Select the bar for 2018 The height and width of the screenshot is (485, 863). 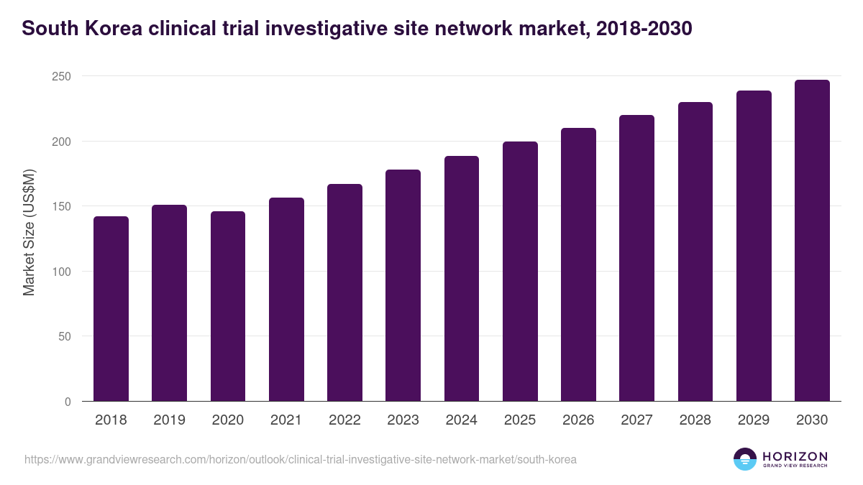pos(111,309)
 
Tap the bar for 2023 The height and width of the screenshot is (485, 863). pos(403,285)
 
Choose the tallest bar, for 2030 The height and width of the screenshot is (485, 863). pos(812,241)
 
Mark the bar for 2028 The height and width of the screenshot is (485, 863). pos(695,251)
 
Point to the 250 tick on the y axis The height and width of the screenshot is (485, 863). pos(63,76)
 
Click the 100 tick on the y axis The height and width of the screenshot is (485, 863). pos(63,272)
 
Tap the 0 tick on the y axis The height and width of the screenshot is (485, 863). pos(68,402)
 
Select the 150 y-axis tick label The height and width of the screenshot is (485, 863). pos(63,207)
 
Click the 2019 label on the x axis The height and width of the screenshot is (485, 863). pos(169,420)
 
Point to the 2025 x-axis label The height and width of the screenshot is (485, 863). pos(520,420)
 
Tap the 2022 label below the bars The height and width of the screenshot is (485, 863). pos(344,420)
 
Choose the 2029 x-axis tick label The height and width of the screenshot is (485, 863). pos(754,420)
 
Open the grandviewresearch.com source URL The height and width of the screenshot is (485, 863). pos(301,459)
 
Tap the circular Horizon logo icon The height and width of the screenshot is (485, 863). pos(745,459)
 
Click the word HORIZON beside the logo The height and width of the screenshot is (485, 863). pos(795,456)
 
